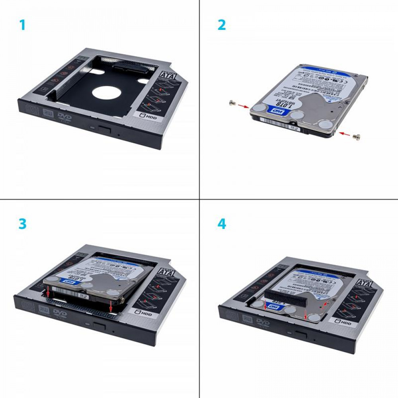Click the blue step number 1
[x=22, y=25]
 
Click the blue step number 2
[x=222, y=25]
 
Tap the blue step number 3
[x=22, y=224]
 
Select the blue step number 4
[x=222, y=224]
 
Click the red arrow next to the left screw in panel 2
[x=244, y=107]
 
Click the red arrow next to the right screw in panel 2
[x=346, y=135]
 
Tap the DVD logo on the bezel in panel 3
[x=61, y=313]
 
